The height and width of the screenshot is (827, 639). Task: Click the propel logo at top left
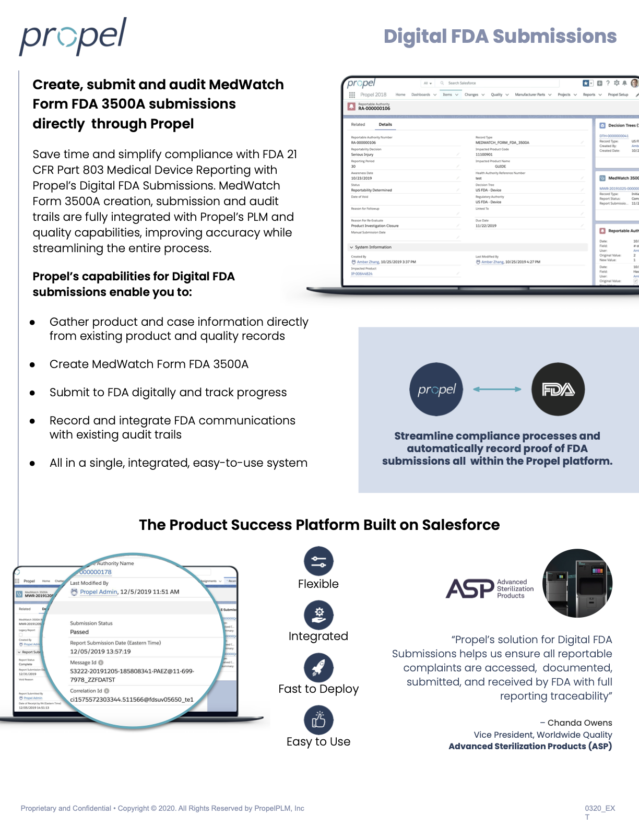pyautogui.click(x=73, y=37)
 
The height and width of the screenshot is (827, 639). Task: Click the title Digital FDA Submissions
pyautogui.click(x=500, y=37)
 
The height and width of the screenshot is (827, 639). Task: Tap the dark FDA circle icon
pyautogui.click(x=558, y=389)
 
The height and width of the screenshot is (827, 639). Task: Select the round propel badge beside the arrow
pyautogui.click(x=436, y=389)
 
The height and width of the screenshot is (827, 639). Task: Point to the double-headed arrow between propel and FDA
pyautogui.click(x=497, y=389)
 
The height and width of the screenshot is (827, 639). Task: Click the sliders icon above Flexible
pyautogui.click(x=318, y=561)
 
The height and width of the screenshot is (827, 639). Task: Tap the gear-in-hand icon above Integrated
pyautogui.click(x=318, y=615)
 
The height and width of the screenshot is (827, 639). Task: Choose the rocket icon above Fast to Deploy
pyautogui.click(x=318, y=667)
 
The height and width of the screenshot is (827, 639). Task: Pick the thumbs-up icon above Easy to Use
pyautogui.click(x=318, y=720)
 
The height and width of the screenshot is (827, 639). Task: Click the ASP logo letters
pyautogui.click(x=469, y=589)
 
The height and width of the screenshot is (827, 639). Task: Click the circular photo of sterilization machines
pyautogui.click(x=577, y=583)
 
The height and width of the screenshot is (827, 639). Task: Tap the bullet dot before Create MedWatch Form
pyautogui.click(x=32, y=365)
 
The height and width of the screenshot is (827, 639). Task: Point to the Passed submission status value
pyautogui.click(x=79, y=632)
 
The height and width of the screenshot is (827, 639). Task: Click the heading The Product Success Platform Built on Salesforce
pyautogui.click(x=319, y=525)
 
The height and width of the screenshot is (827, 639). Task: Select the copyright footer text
pyautogui.click(x=162, y=808)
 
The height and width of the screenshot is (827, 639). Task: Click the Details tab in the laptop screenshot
pyautogui.click(x=385, y=124)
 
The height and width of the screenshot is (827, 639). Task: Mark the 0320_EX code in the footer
pyautogui.click(x=599, y=808)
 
